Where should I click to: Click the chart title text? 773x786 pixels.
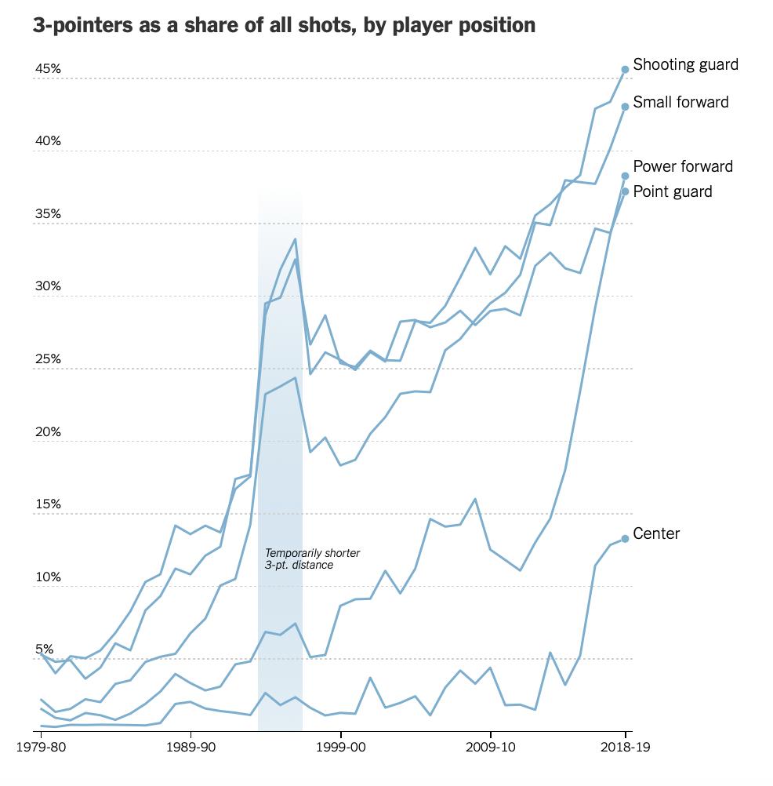[x=284, y=25]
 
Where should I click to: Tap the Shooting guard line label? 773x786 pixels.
[x=685, y=64]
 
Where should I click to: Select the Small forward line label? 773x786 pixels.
[x=680, y=102]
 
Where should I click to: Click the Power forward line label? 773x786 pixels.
[x=683, y=166]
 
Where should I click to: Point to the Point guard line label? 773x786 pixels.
[x=673, y=191]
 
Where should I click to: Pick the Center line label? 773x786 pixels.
[x=656, y=534]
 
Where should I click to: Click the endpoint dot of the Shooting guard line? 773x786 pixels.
[x=625, y=69]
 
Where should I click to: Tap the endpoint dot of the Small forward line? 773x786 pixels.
[x=625, y=106]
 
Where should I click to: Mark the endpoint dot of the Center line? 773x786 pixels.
[x=625, y=538]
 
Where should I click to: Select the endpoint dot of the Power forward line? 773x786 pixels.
[x=625, y=176]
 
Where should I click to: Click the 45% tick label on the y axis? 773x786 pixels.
[x=48, y=69]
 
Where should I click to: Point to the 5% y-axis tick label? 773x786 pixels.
[x=44, y=650]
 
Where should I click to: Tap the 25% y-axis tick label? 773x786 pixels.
[x=48, y=359]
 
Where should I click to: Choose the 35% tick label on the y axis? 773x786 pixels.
[x=48, y=214]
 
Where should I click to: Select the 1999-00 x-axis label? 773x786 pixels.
[x=340, y=749]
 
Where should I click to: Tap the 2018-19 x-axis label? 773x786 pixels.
[x=625, y=749]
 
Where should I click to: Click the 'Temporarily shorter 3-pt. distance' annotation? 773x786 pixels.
[x=312, y=559]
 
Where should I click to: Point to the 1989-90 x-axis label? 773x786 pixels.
[x=191, y=749]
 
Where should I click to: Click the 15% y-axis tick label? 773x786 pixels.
[x=48, y=504]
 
